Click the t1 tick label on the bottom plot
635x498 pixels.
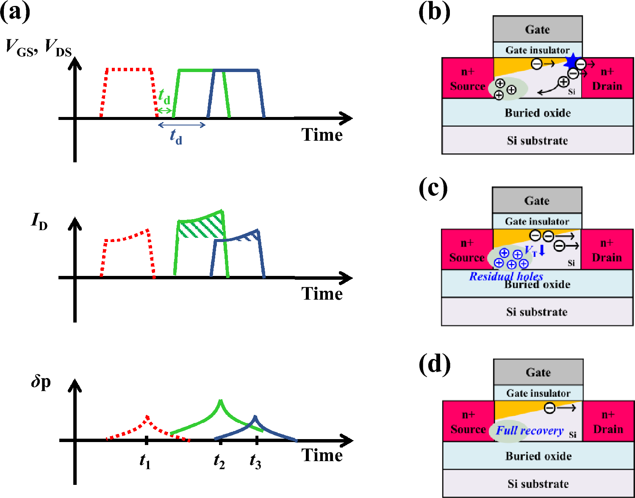point(145,461)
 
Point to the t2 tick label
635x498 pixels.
point(219,461)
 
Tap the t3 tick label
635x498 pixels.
point(255,461)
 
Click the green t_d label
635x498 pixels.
point(164,97)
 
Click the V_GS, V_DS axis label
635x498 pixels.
point(39,47)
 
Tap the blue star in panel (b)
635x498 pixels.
point(572,62)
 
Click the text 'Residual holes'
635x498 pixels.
point(506,277)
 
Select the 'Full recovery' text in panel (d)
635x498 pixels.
point(530,431)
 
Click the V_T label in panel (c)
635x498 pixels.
point(531,250)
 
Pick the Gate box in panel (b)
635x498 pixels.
point(538,29)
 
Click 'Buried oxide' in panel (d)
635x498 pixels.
point(538,456)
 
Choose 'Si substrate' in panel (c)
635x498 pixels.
point(537,312)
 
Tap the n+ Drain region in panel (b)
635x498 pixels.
point(607,79)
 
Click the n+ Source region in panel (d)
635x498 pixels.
point(468,422)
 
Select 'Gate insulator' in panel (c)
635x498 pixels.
point(537,221)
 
